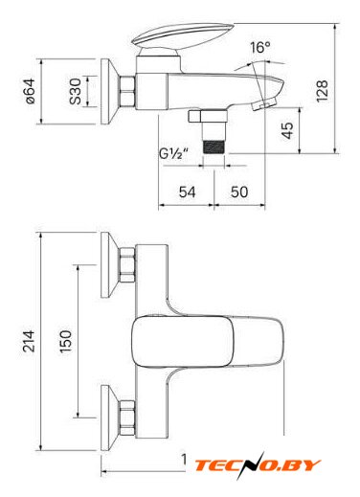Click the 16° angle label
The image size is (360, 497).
point(260,48)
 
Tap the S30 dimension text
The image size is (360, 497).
point(76,91)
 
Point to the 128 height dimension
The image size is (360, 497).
point(322,91)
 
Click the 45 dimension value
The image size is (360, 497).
point(287,130)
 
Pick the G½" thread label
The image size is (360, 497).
point(173,154)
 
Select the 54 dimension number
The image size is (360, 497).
point(187,192)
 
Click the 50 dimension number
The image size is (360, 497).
point(239,192)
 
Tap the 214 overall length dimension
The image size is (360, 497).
point(29,341)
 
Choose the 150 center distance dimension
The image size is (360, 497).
point(66,341)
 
